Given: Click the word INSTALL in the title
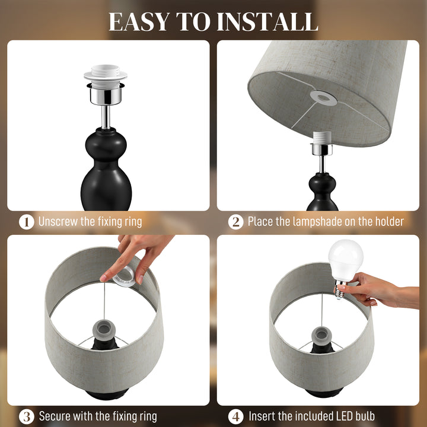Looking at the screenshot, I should point(267,21).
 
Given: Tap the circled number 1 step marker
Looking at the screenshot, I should point(26,222).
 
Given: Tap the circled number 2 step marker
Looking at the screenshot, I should point(236,222).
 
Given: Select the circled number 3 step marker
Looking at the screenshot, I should point(26,416).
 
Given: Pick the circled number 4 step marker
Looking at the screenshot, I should point(236,416).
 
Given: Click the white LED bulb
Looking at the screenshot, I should point(345,259).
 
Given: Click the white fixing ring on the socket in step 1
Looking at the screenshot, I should point(106,74).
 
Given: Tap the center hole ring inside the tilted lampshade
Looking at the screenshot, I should point(323,98).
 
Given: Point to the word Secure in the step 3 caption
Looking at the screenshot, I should point(55,416).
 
